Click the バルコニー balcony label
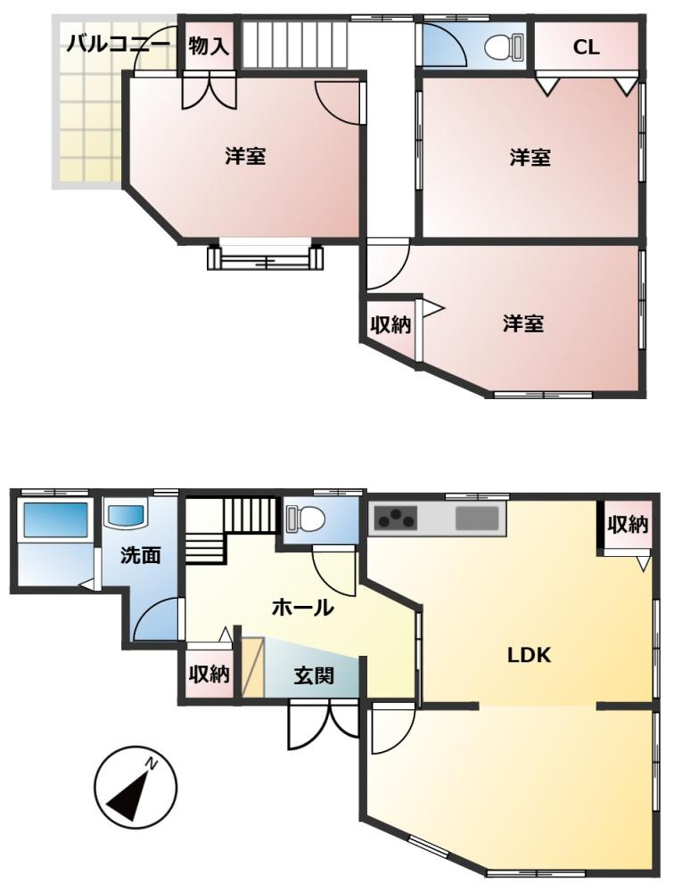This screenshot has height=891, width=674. [118, 45]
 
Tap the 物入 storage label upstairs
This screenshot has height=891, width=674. [209, 46]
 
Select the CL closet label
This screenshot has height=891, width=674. [586, 47]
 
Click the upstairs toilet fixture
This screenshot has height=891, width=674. [505, 46]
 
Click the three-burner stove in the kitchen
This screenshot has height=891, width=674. [393, 519]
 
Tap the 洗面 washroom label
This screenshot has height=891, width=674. [141, 554]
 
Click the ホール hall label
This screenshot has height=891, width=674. [302, 608]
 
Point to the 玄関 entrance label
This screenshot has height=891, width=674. [314, 675]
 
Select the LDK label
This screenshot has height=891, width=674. [529, 655]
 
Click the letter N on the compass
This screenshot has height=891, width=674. [152, 764]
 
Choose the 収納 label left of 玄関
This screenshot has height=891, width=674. [209, 674]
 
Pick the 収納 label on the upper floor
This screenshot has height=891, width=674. [390, 325]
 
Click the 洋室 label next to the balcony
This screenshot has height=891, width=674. [246, 156]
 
